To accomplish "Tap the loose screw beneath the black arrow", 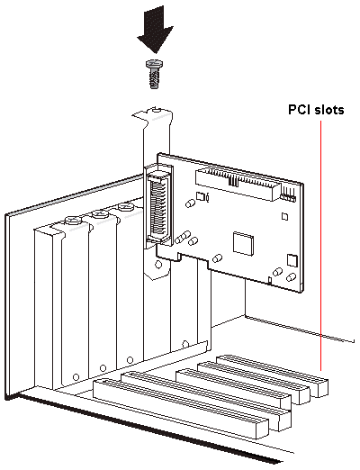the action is point(154,74).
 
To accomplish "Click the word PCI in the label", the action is point(298,110).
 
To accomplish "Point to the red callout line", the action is point(320,246).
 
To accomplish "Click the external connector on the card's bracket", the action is point(158,206).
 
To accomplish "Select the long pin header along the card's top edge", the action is point(238,185).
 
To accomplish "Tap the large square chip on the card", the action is point(243,243).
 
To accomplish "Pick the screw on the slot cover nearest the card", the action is point(126,207).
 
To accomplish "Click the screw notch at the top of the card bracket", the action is point(155,110).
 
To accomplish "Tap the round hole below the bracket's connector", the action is point(158,265).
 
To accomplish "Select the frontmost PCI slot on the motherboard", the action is point(181,408).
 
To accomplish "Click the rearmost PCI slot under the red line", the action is point(272,375).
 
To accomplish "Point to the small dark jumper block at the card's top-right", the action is point(288,197).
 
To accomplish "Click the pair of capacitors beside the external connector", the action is point(183,237).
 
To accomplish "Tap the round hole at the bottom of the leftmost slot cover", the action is point(76,377).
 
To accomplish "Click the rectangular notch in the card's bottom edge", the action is point(193,259).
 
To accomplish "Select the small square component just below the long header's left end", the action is point(200,196).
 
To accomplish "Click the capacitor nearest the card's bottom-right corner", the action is point(291,277).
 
